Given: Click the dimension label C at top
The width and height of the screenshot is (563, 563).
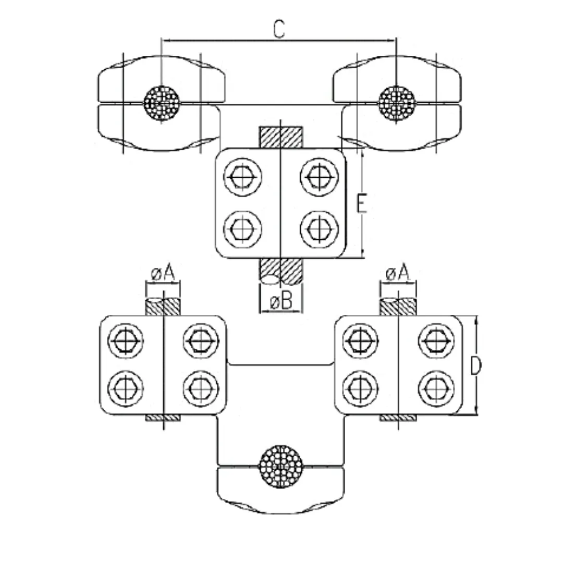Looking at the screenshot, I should tap(279, 30).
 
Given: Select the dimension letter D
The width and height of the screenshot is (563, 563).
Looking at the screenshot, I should tap(475, 366).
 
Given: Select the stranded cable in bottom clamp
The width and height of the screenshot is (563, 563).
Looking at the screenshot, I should tap(281, 466).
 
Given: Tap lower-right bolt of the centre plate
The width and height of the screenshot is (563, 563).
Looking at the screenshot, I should tap(319, 228).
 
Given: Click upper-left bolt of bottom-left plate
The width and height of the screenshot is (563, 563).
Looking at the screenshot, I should tap(126, 341).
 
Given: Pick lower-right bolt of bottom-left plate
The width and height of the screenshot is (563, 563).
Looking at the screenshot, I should tap(201, 388).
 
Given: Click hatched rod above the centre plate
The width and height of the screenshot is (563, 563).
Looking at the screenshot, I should tap(281, 137).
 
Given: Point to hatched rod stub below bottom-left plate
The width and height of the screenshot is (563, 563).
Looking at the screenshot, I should tap(163, 418).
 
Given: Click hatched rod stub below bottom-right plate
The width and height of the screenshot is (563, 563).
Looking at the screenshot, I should tap(398, 418).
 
